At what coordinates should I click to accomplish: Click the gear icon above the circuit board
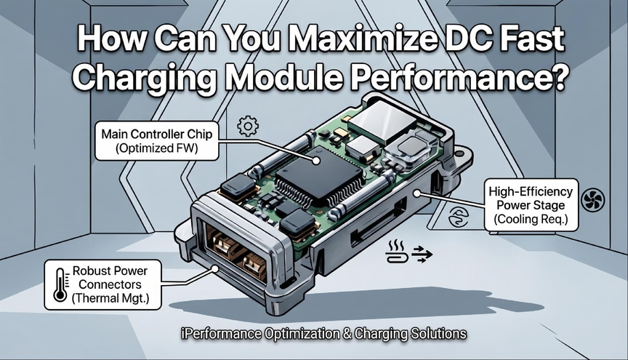248,127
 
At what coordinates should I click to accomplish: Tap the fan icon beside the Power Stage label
592,200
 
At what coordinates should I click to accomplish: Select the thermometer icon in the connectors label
60,284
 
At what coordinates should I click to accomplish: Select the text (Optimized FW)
156,148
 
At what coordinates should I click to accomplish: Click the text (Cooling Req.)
531,220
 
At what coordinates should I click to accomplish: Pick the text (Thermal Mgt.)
110,298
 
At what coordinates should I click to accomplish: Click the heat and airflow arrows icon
409,252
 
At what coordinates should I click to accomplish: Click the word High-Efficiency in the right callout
531,191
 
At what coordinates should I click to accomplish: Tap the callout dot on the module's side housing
417,193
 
